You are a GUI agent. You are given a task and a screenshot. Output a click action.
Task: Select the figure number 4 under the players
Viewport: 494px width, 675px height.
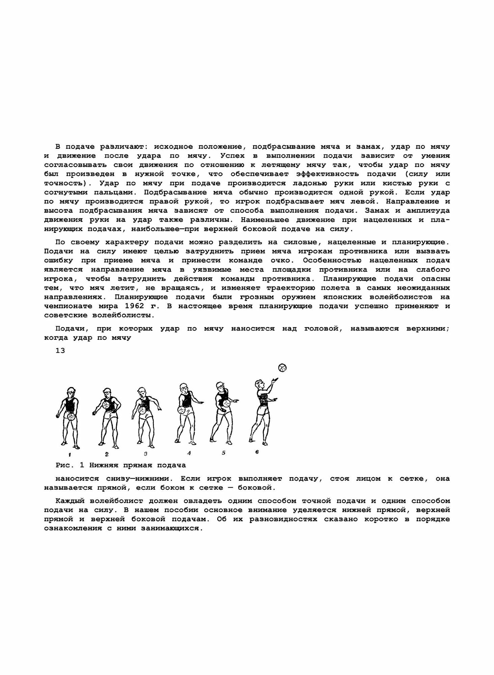pyautogui.click(x=189, y=453)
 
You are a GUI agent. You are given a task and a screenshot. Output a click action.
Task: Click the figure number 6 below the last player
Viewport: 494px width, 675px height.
pyautogui.click(x=257, y=452)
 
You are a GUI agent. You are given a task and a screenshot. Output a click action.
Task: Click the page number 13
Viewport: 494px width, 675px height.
pyautogui.click(x=60, y=351)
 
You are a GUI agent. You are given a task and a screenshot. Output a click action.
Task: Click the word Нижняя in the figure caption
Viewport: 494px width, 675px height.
pyautogui.click(x=104, y=465)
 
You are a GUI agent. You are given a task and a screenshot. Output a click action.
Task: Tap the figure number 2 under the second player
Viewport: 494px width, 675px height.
pyautogui.click(x=106, y=454)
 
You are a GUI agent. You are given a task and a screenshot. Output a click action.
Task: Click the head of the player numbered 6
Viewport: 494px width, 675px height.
pyautogui.click(x=260, y=384)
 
